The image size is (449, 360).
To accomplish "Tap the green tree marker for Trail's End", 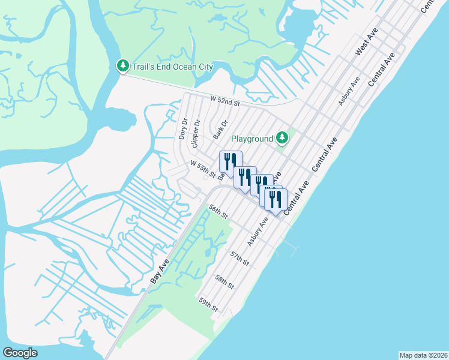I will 122,66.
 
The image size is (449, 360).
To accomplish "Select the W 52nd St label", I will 224,103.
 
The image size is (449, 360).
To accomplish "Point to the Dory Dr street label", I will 183,128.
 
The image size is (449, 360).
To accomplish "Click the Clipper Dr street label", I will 194,136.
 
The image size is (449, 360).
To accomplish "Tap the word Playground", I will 252,139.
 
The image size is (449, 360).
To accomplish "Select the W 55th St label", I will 203,168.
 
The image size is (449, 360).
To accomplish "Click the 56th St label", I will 218,212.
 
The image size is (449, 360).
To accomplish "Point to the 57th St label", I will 240,259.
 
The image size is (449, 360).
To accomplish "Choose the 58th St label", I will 224,281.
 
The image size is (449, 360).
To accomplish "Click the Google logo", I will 20,353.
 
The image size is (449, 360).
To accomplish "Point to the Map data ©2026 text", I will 424,355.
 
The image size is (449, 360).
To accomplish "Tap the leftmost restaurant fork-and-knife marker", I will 231,162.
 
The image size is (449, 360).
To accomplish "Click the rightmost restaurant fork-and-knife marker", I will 276,200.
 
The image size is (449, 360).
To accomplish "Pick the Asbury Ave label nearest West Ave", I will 349,91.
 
